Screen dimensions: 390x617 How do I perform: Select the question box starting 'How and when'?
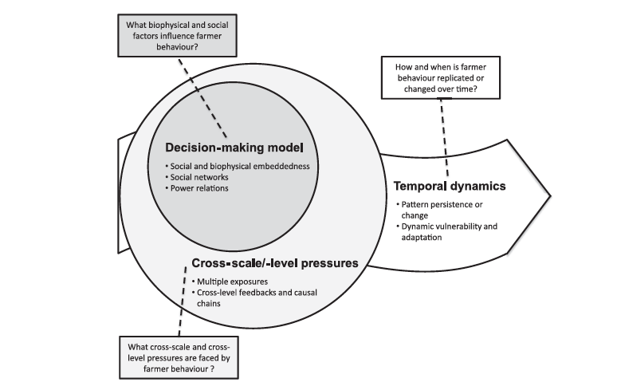click(x=442, y=79)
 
